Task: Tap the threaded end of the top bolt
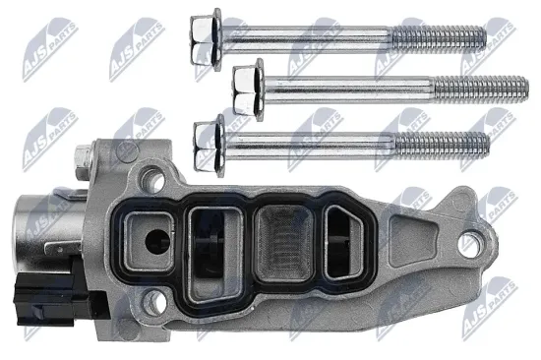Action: pyautogui.click(x=439, y=37)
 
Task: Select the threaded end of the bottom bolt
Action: pyautogui.click(x=442, y=145)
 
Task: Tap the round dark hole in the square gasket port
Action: pyautogui.click(x=157, y=242)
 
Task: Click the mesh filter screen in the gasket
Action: pyautogui.click(x=284, y=243)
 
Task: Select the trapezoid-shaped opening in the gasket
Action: pyautogui.click(x=344, y=242)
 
